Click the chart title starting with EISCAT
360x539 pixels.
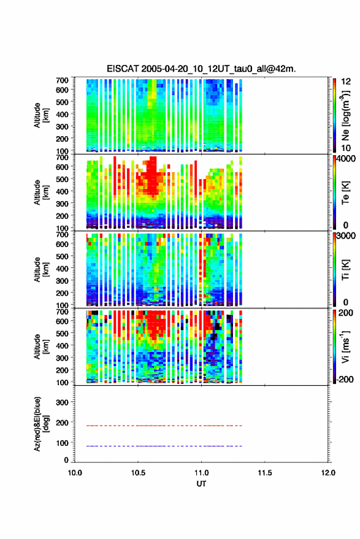(201, 69)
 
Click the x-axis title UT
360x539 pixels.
(201, 484)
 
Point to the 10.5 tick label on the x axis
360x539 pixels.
(138, 473)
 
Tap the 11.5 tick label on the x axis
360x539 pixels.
(264, 473)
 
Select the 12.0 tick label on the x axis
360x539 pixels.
(328, 473)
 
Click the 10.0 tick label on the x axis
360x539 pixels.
(75, 473)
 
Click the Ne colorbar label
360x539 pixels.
(345, 115)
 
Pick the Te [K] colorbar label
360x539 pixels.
(345, 193)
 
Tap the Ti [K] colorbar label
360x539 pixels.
(345, 270)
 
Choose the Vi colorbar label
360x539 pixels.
(345, 347)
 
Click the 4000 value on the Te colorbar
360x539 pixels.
(346, 159)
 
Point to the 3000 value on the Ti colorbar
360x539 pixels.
(346, 236)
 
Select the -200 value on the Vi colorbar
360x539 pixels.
(344, 379)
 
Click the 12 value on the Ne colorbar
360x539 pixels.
(346, 82)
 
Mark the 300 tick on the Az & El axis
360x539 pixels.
(62, 402)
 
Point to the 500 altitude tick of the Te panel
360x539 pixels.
(62, 179)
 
